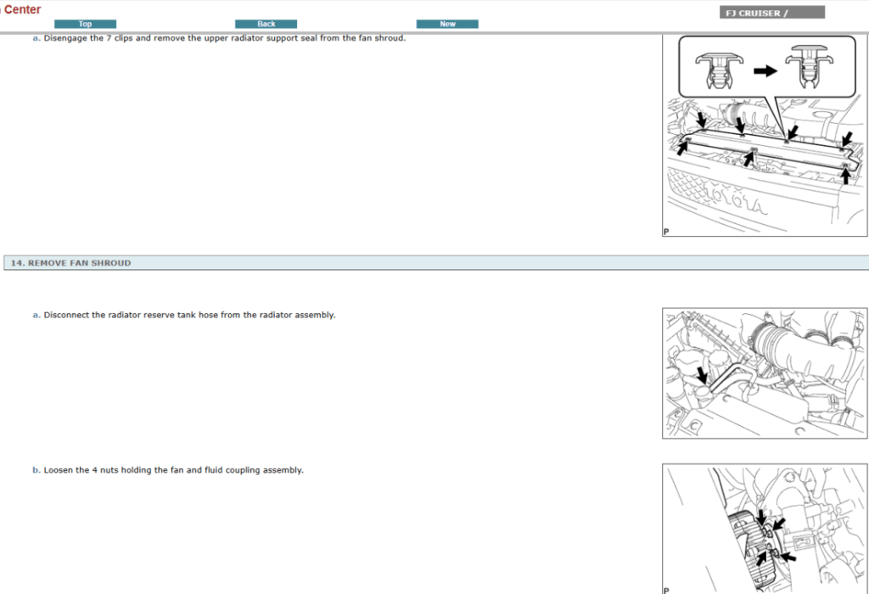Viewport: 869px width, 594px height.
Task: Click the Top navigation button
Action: [86, 24]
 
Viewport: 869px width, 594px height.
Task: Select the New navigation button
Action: [447, 24]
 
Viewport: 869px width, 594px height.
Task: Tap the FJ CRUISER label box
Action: [772, 13]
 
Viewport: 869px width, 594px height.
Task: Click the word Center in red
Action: [22, 9]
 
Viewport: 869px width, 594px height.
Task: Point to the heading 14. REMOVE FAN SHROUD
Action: [71, 263]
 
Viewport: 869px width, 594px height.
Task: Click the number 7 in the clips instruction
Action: [109, 38]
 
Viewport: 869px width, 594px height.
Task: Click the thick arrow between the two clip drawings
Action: [765, 71]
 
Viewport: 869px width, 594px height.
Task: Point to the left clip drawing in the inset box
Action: [719, 70]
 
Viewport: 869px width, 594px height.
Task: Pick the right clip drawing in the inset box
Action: [810, 66]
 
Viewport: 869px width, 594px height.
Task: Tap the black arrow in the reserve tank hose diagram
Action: [702, 374]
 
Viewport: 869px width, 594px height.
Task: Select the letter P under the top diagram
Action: [666, 232]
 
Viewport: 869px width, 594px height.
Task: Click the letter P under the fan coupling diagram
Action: [666, 591]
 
